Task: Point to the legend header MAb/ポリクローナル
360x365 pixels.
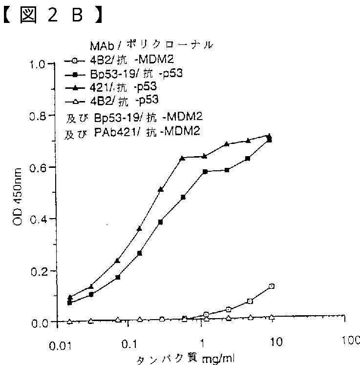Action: pyautogui.click(x=151, y=45)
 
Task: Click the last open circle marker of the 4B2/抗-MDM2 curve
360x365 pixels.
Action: pyautogui.click(x=272, y=286)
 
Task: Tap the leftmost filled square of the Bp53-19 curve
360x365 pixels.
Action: pyautogui.click(x=70, y=303)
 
